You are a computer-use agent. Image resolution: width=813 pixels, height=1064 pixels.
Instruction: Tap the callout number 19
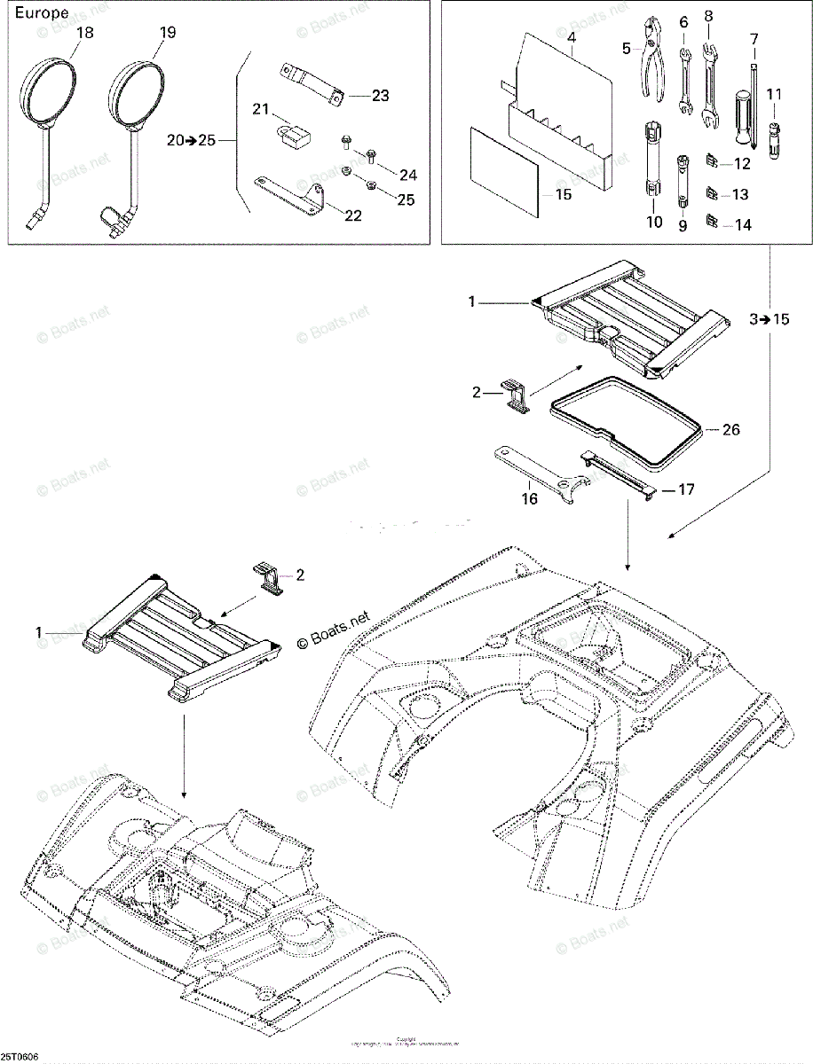tap(167, 33)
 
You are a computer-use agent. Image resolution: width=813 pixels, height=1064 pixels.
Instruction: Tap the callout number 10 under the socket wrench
tap(654, 222)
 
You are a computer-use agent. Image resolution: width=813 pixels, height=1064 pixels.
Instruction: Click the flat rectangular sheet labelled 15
tap(503, 171)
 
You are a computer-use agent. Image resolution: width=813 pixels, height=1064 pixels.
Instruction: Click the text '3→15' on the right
tap(768, 319)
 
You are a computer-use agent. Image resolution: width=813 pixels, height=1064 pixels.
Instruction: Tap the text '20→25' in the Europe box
tap(191, 139)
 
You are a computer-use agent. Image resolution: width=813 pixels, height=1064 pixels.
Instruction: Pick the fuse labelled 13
tap(712, 193)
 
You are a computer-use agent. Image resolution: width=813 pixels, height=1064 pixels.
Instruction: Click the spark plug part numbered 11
tap(774, 136)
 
